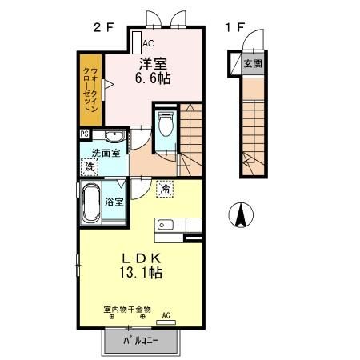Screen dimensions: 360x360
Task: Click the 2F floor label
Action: tap(103, 27)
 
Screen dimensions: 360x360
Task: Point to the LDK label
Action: tap(143, 258)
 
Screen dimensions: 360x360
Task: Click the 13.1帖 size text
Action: tap(143, 273)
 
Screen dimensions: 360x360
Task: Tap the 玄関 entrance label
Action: tap(252, 62)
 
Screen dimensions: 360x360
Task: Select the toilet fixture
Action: tap(166, 126)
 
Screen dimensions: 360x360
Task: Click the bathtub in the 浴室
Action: tap(90, 204)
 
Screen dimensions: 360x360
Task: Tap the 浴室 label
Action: tap(114, 202)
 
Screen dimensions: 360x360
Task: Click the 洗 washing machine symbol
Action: tap(89, 167)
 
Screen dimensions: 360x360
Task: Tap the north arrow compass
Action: tap(242, 214)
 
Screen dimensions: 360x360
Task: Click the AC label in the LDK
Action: tap(166, 314)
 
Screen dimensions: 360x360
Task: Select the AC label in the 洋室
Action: tap(149, 45)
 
